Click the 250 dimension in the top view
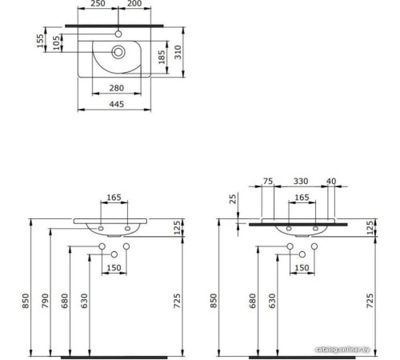point(98,5)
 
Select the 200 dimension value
point(135,5)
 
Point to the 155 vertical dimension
point(40,41)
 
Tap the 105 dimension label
point(55,42)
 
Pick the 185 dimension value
point(162,57)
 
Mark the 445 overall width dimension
point(118,103)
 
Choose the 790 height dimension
point(47,301)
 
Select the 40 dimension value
point(331,182)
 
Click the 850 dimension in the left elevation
point(25,301)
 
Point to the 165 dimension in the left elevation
point(115,196)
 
